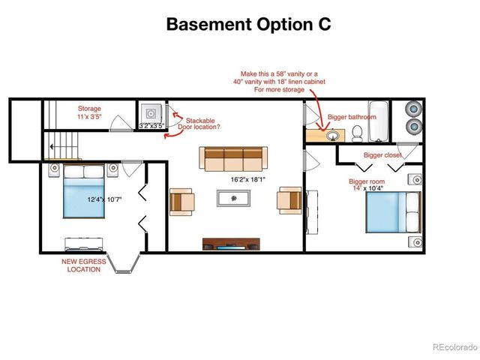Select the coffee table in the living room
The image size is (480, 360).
point(234,198)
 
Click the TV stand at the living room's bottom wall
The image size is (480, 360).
point(232,244)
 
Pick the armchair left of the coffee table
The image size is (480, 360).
point(181,201)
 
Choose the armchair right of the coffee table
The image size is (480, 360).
point(289,200)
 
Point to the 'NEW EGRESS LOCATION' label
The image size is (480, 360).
point(82,265)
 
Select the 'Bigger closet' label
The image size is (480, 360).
point(382,155)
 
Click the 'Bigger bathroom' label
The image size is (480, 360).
point(352,117)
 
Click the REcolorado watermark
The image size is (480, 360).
point(454,346)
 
